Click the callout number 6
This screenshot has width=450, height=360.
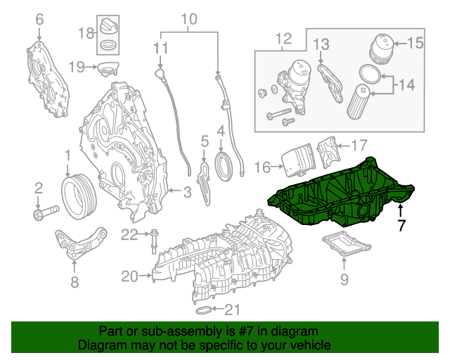click(39, 19)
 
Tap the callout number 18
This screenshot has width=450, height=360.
click(86, 33)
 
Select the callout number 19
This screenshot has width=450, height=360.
click(77, 67)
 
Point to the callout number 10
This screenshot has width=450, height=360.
click(190, 19)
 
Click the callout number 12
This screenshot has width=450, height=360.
click(283, 38)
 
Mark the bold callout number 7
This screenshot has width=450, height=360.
click(401, 226)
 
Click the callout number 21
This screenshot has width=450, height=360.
click(231, 309)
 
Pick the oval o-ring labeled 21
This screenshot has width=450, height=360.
click(201, 309)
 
